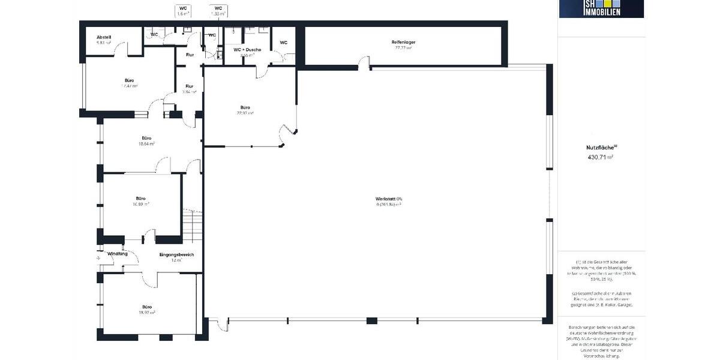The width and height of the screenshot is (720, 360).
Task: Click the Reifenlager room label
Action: click(404, 42)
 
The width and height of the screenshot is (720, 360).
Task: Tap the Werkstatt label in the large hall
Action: click(388, 199)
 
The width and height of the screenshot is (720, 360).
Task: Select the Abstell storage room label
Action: click(104, 37)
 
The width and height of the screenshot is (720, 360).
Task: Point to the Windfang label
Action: click(118, 254)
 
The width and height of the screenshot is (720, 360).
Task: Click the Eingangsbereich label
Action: click(176, 255)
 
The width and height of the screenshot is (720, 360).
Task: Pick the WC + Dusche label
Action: click(247, 49)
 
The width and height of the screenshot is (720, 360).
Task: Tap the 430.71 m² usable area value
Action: click(601, 157)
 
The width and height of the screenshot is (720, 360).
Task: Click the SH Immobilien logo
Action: click(601, 8)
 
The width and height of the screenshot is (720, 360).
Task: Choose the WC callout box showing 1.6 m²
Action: click(183, 10)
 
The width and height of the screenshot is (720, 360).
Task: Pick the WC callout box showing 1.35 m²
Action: click(218, 10)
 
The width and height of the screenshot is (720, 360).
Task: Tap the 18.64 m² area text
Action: click(147, 144)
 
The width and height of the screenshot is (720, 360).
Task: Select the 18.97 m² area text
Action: click(147, 313)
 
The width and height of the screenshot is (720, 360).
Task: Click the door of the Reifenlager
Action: click(362, 62)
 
